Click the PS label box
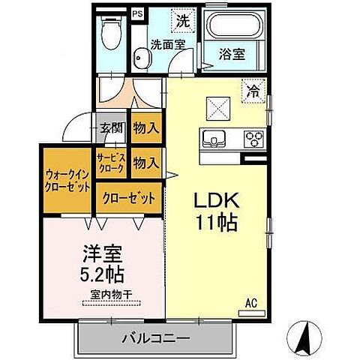coord(137,13)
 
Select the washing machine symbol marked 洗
coord(182,21)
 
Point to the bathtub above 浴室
coord(232,28)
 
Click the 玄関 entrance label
coord(112,127)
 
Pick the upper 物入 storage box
coord(146,127)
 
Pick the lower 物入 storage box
coord(146,162)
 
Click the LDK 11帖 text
coord(217,211)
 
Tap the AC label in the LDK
coord(252,303)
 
